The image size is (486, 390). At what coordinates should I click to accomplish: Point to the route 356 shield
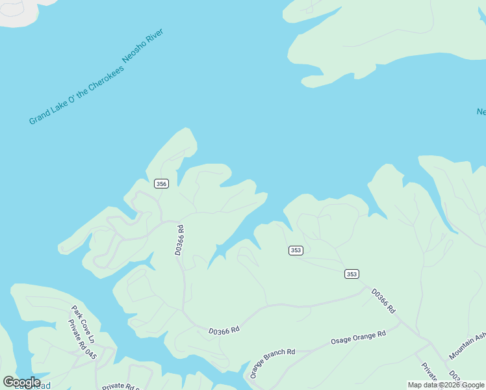tap(162, 184)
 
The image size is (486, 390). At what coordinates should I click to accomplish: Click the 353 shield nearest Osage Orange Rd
tap(352, 274)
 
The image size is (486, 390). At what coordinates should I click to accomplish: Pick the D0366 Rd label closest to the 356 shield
tap(179, 240)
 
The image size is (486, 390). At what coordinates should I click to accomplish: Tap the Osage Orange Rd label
tap(358, 337)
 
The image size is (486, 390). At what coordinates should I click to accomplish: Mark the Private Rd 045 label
tap(82, 339)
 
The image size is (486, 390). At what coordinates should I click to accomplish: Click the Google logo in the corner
tap(21, 382)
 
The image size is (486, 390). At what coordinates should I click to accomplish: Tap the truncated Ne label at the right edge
tap(481, 112)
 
